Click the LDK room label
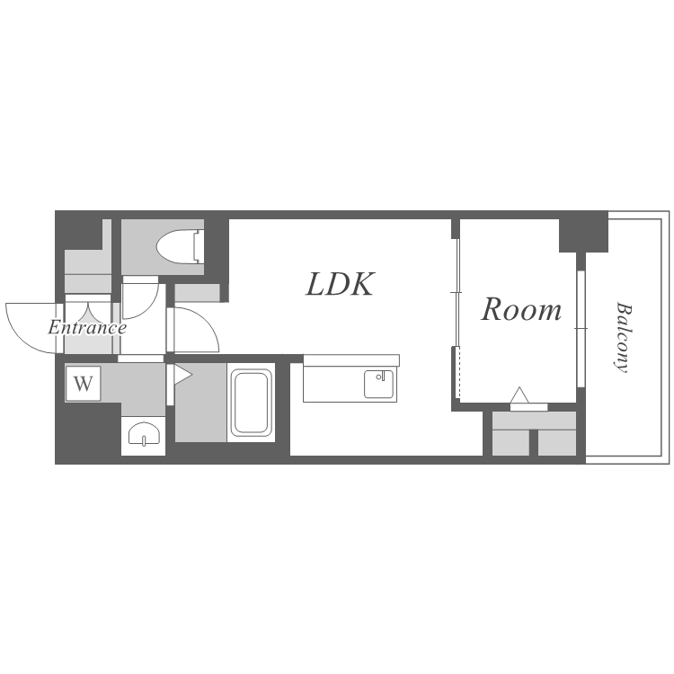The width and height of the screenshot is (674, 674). pyautogui.click(x=340, y=284)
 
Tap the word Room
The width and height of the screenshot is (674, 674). pyautogui.click(x=521, y=309)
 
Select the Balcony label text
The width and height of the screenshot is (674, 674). pyautogui.click(x=623, y=337)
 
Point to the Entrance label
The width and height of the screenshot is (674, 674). pyautogui.click(x=87, y=327)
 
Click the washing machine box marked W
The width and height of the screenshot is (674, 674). pyautogui.click(x=83, y=384)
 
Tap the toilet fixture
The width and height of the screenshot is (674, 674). pyautogui.click(x=180, y=247)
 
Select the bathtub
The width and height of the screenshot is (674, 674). pyautogui.click(x=251, y=403)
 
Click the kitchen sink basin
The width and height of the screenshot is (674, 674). pyautogui.click(x=378, y=384)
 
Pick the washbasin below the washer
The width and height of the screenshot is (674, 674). pyautogui.click(x=144, y=434)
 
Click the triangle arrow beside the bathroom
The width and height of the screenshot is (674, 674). pyautogui.click(x=182, y=375)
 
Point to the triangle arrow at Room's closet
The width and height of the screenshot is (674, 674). pyautogui.click(x=519, y=395)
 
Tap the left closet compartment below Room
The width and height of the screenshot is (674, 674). pyautogui.click(x=510, y=442)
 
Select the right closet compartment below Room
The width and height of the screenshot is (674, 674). pyautogui.click(x=557, y=442)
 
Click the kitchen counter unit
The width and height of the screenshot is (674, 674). pyautogui.click(x=351, y=378)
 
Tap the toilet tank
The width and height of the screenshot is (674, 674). pyautogui.click(x=199, y=247)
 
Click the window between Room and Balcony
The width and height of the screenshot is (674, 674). pyautogui.click(x=581, y=328)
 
